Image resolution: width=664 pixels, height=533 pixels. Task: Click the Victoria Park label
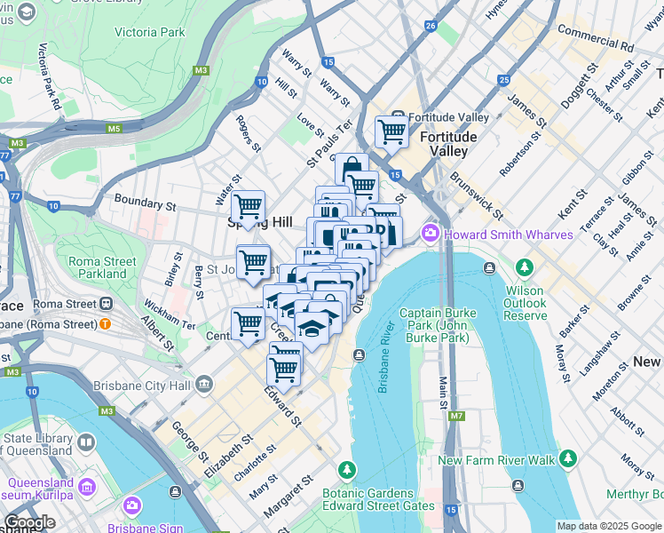pos(150,32)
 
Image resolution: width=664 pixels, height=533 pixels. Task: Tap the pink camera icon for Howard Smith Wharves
pos(431,234)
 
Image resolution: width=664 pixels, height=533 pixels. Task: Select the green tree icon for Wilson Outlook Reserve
pos(524,267)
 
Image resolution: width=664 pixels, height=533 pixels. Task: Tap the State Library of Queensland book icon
pos(86,442)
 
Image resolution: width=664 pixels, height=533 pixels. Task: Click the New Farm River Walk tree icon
pos(567,459)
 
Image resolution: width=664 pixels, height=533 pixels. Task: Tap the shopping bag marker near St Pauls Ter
pos(352,168)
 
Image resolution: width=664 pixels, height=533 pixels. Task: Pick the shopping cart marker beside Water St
pos(248,206)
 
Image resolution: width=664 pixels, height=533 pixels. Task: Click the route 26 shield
pos(431,26)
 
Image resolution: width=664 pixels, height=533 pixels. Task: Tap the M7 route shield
pos(456,416)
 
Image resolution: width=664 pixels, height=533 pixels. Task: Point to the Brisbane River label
pos(385,366)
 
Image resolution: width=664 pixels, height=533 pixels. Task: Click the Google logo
pos(28,522)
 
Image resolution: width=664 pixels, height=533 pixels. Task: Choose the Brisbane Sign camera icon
pos(132,505)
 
